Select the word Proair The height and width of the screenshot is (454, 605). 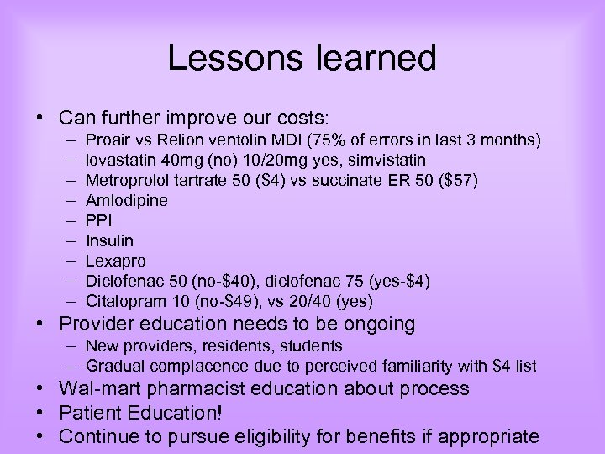[x=107, y=139]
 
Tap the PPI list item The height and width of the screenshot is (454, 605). [x=99, y=220]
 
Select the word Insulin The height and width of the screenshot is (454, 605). [x=110, y=240]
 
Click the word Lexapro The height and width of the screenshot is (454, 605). [x=113, y=261]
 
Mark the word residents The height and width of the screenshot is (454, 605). [x=240, y=346]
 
